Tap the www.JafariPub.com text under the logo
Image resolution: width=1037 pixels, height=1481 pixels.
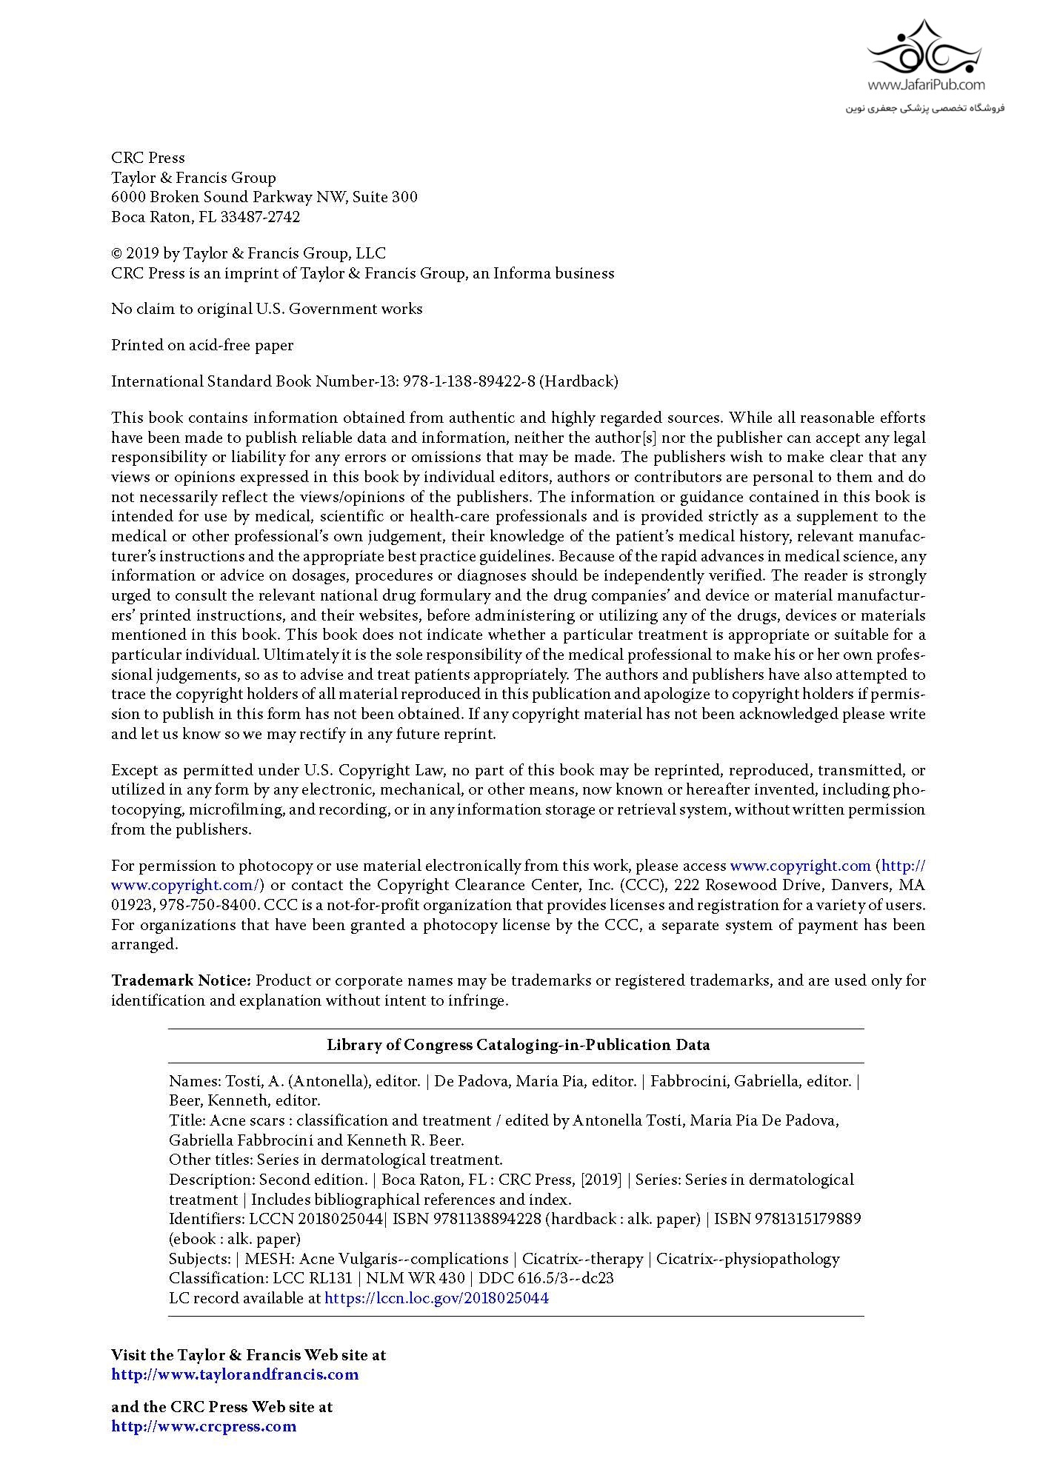[x=926, y=85]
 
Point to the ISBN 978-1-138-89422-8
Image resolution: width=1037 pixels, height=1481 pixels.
[x=468, y=381]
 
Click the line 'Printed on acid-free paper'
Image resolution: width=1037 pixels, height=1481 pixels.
[x=202, y=345]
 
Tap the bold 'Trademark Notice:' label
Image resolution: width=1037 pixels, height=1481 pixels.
[x=181, y=980]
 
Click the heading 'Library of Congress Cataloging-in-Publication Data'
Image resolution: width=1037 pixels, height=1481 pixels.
[x=518, y=1045]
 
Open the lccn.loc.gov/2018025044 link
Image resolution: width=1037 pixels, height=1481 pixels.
[x=436, y=1297]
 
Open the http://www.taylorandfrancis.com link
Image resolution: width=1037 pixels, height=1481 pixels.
[x=235, y=1374]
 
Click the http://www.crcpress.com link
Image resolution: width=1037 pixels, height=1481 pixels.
[x=204, y=1426]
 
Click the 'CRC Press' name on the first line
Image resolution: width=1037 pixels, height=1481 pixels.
[x=148, y=158]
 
